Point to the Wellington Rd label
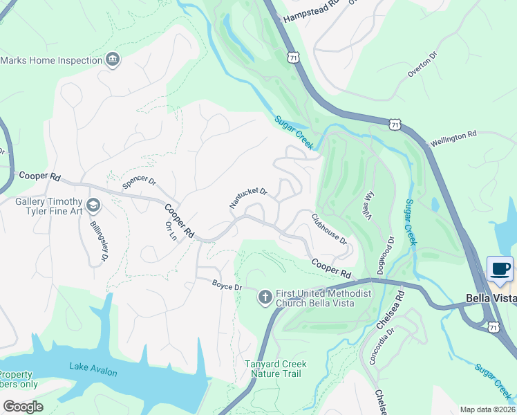click(453, 138)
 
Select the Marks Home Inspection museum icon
click(112, 60)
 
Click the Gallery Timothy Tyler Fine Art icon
click(94, 205)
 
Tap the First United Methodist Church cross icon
click(264, 297)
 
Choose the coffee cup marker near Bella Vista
click(500, 268)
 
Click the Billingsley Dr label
click(99, 241)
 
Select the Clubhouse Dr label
click(329, 228)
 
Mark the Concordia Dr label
click(388, 339)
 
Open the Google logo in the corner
click(23, 406)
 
